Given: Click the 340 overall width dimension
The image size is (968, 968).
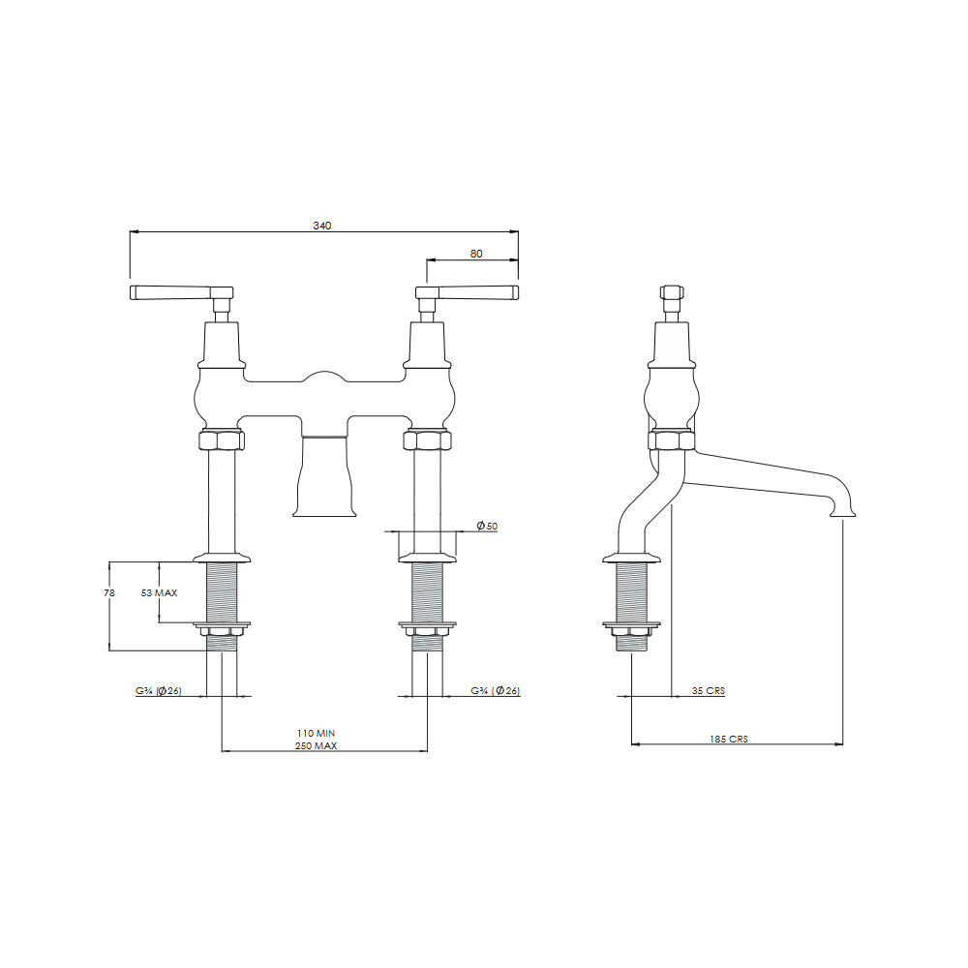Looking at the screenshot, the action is point(322,226).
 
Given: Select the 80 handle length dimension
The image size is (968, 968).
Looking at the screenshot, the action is point(476,254).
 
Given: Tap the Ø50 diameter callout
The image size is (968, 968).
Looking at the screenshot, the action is point(487,526).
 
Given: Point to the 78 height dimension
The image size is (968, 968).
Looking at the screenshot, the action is point(109,592).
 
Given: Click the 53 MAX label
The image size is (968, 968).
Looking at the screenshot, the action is point(160,592).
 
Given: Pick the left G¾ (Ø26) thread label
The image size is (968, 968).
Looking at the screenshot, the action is point(159,691).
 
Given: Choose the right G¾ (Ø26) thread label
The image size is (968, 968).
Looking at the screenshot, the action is point(495,691).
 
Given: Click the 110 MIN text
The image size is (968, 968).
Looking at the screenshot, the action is point(317,734).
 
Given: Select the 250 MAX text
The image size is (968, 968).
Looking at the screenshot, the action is point(317,745).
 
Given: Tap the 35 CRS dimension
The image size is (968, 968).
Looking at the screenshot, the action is point(709,691).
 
